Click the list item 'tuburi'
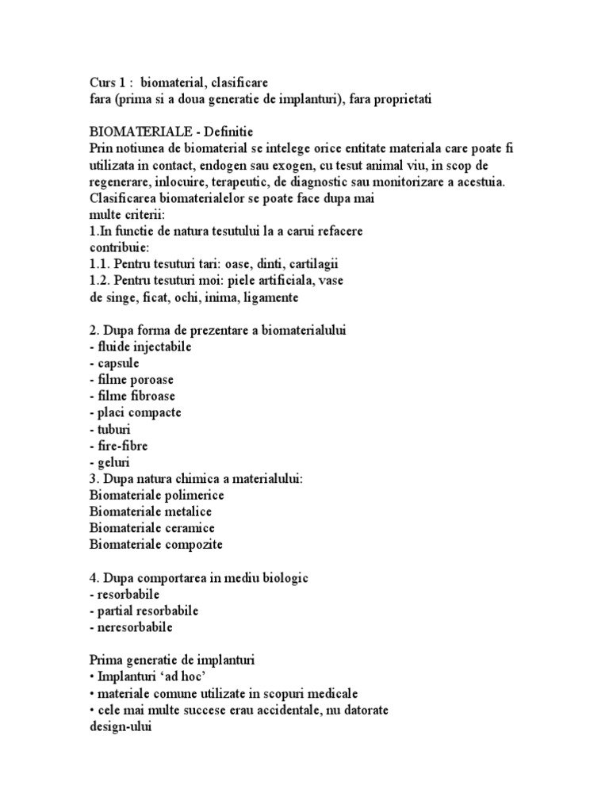pos(111,429)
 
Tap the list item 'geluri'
pos(110,462)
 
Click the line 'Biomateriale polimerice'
pos(157,495)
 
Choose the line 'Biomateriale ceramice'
pos(152,528)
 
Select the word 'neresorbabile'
pos(134,627)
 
